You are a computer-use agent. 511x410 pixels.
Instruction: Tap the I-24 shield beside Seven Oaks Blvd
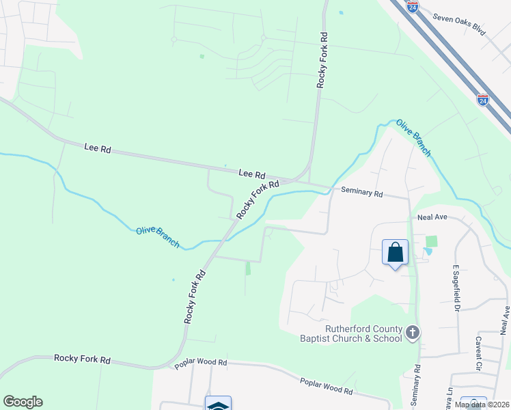[412, 7]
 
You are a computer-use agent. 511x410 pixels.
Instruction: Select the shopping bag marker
[395, 253]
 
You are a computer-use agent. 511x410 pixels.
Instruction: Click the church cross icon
[412, 332]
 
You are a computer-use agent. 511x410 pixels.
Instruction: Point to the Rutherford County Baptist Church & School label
[350, 333]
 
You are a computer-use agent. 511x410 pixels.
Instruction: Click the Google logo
[23, 402]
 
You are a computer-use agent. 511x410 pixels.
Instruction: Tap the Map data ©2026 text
[482, 405]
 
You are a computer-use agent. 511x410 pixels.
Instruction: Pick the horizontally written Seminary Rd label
[361, 193]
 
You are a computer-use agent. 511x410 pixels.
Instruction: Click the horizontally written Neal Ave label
[432, 217]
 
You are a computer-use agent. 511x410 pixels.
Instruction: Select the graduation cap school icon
[219, 405]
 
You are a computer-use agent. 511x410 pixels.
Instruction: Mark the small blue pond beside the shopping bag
[428, 251]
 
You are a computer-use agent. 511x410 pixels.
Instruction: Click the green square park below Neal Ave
[431, 241]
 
